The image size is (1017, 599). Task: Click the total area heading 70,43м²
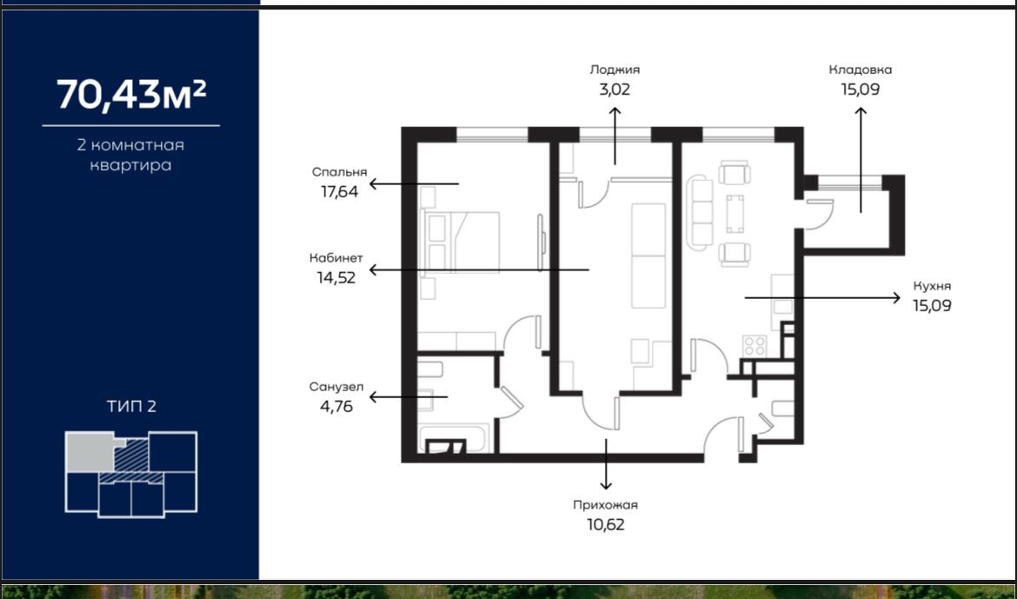pyautogui.click(x=131, y=95)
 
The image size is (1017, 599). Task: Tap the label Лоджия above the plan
pyautogui.click(x=615, y=70)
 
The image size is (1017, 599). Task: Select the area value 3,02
pyautogui.click(x=615, y=89)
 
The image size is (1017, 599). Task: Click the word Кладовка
pyautogui.click(x=860, y=70)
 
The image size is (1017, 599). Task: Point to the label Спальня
pyautogui.click(x=339, y=172)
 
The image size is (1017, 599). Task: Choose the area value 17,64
pyautogui.click(x=339, y=191)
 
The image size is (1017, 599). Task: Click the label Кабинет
pyautogui.click(x=336, y=257)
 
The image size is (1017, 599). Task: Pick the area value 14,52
pyautogui.click(x=336, y=277)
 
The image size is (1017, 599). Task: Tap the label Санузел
pyautogui.click(x=336, y=388)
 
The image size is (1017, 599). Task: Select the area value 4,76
pyautogui.click(x=336, y=407)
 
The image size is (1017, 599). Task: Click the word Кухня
pyautogui.click(x=932, y=286)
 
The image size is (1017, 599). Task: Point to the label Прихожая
pyautogui.click(x=605, y=505)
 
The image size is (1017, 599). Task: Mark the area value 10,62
pyautogui.click(x=605, y=524)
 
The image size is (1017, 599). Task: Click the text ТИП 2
pyautogui.click(x=131, y=406)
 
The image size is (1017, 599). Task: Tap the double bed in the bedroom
pyautogui.click(x=462, y=242)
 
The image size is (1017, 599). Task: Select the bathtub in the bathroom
pyautogui.click(x=454, y=438)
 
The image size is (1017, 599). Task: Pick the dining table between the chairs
pyautogui.click(x=734, y=214)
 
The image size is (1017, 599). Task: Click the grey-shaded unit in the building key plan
pyautogui.click(x=90, y=451)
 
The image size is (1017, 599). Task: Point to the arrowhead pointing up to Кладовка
pyautogui.click(x=861, y=111)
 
